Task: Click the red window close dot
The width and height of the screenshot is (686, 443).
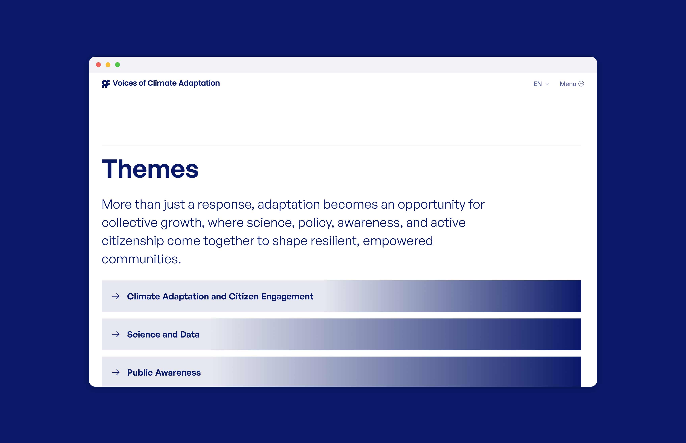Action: pyautogui.click(x=98, y=65)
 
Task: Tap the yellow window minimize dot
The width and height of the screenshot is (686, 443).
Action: pyautogui.click(x=108, y=65)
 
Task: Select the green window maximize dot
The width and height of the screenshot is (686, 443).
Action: pyautogui.click(x=118, y=65)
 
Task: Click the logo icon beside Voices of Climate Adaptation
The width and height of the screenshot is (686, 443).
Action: pyautogui.click(x=106, y=84)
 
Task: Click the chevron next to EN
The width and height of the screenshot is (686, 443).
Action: pyautogui.click(x=547, y=84)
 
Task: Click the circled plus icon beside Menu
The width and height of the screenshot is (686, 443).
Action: pyautogui.click(x=581, y=84)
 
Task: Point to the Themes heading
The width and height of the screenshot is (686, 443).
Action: pyautogui.click(x=150, y=169)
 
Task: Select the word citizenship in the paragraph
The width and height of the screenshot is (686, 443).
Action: pyautogui.click(x=133, y=241)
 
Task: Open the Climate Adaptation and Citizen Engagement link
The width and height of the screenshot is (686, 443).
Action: pyautogui.click(x=220, y=296)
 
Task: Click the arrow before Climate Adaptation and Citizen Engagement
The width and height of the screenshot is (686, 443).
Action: pyautogui.click(x=116, y=296)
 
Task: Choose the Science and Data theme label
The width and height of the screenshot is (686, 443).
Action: pyautogui.click(x=163, y=335)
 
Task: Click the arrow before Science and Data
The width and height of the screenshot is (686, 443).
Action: pyautogui.click(x=116, y=334)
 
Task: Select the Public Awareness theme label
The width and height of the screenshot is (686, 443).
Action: pyautogui.click(x=164, y=373)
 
